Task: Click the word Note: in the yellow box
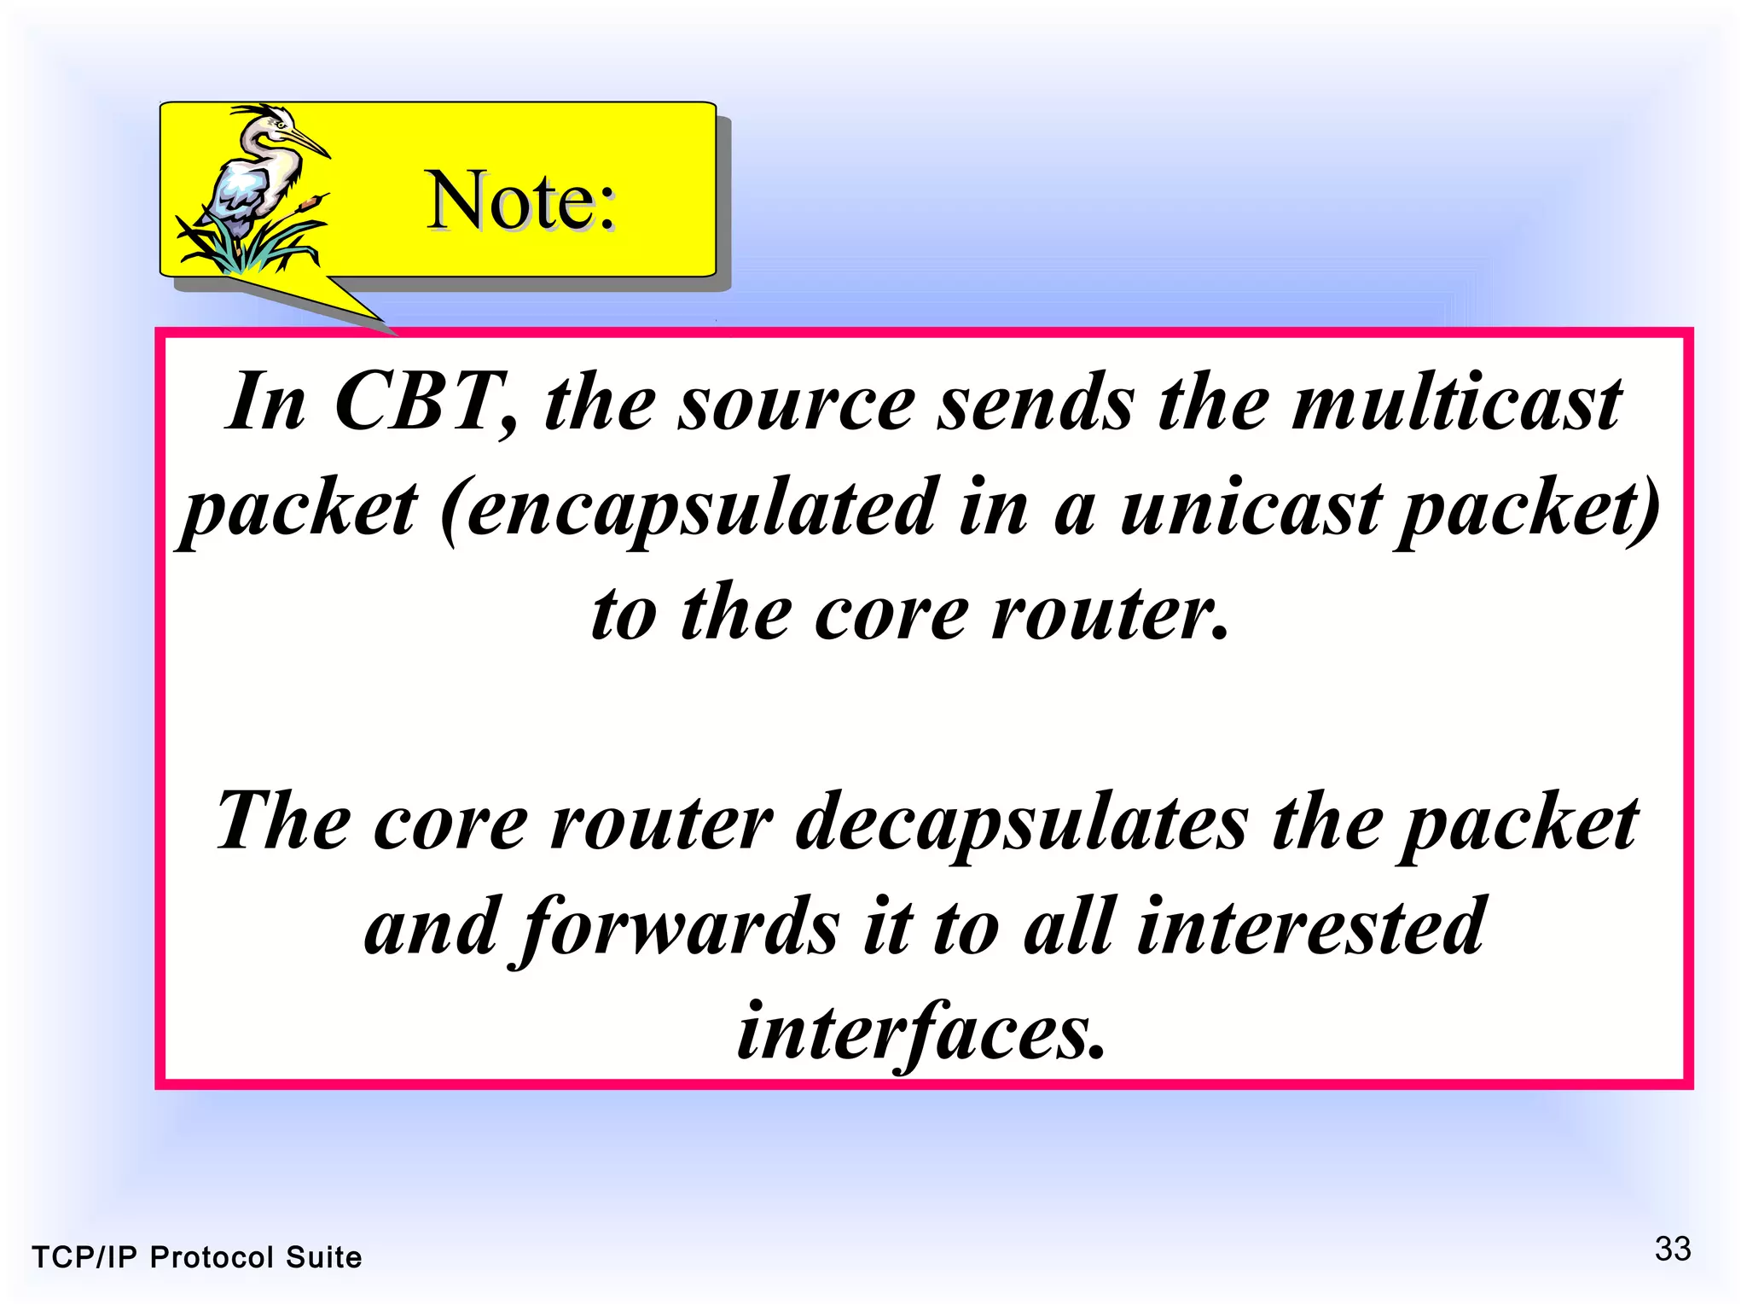point(521,201)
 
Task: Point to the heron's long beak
point(307,143)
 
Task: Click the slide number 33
point(1672,1249)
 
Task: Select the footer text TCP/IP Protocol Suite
point(197,1257)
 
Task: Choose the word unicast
point(1250,508)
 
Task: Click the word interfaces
point(921,1033)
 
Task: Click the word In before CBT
point(265,402)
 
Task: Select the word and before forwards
point(431,929)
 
